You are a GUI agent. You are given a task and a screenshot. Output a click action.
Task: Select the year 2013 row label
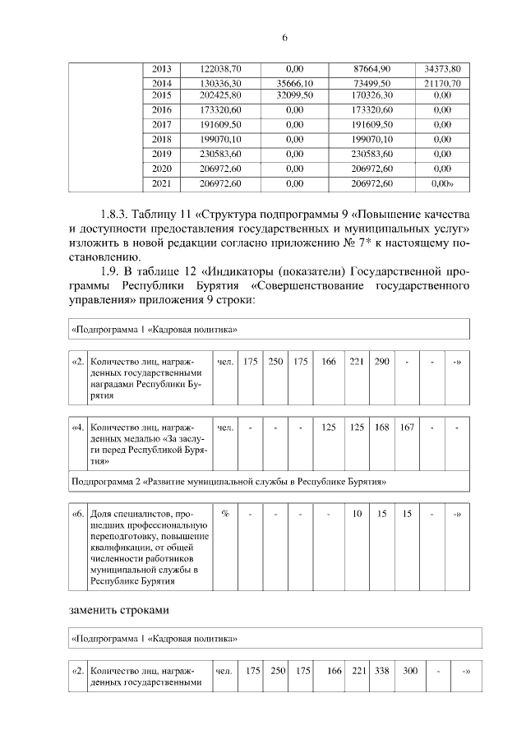(x=162, y=69)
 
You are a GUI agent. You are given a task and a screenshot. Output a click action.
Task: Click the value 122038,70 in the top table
(x=221, y=69)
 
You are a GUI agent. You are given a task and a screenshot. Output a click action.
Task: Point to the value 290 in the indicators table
(x=381, y=363)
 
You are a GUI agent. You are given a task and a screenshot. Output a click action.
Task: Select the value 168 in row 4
(x=381, y=427)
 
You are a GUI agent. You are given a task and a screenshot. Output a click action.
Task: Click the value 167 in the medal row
(x=406, y=427)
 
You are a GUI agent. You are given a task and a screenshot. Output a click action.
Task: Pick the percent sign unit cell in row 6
(x=224, y=514)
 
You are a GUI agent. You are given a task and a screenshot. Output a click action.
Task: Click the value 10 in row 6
(x=357, y=514)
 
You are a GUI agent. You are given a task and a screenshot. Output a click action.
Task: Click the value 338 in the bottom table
(x=381, y=672)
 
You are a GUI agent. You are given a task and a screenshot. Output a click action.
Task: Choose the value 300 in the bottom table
(x=409, y=672)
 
